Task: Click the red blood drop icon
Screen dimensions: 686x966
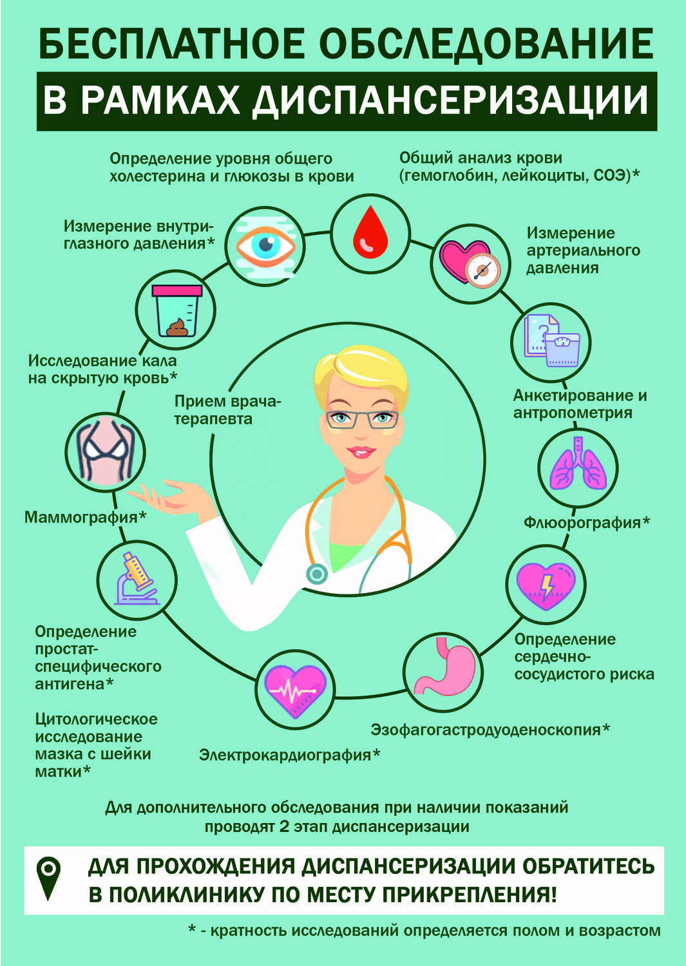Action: pyautogui.click(x=370, y=233)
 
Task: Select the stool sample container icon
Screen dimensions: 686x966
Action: pyautogui.click(x=176, y=311)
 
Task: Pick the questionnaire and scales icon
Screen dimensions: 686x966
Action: pyautogui.click(x=551, y=341)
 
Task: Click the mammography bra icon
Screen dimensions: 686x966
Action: pyautogui.click(x=105, y=451)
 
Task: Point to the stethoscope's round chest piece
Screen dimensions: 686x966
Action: pyautogui.click(x=316, y=574)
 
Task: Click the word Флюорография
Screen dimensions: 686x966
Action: pyautogui.click(x=582, y=523)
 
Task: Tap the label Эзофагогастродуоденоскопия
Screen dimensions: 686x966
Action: pyautogui.click(x=486, y=730)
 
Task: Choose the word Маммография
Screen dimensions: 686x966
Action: pyautogui.click(x=81, y=516)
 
